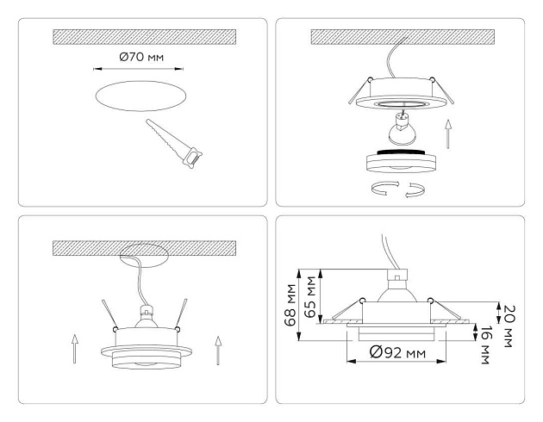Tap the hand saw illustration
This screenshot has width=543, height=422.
point(177,140)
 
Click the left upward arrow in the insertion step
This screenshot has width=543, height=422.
point(75,350)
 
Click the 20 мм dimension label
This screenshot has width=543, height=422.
point(509,313)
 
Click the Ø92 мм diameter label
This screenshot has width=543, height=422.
point(398,351)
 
